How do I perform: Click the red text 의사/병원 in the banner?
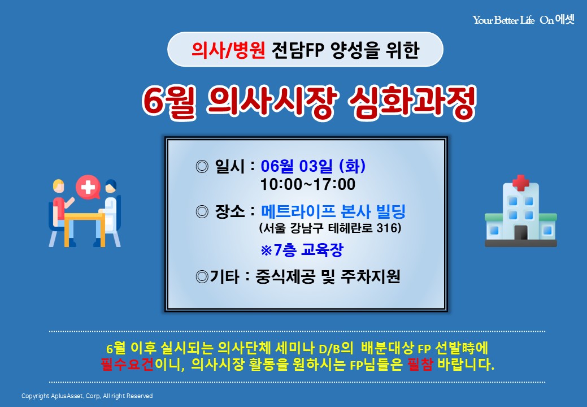pos(228,50)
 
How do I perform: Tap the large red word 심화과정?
pos(412,102)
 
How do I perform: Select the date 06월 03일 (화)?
pos(313,166)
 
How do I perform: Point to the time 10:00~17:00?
pos(308,184)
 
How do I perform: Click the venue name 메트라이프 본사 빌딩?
pos(333,211)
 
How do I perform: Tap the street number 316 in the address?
pos(386,228)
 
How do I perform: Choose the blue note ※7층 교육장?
pos(302,250)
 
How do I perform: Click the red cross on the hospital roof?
pos(520,183)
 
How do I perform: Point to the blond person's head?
pos(59,186)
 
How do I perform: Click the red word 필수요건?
pos(127,364)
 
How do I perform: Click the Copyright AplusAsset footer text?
pos(87,396)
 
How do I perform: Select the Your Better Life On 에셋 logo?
pos(523,19)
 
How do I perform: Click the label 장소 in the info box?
pos(230,211)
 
